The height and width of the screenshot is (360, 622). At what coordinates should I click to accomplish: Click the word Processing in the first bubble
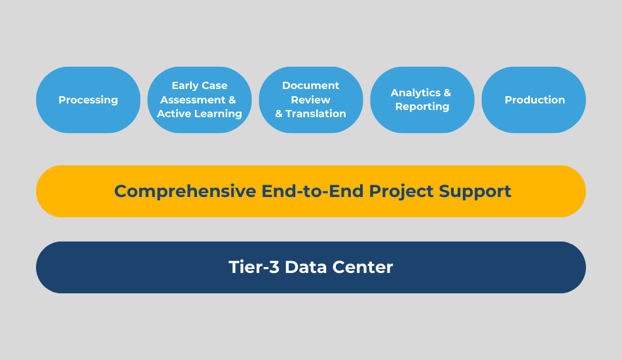tap(88, 100)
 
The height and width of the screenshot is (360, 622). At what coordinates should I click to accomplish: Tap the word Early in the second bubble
tap(185, 86)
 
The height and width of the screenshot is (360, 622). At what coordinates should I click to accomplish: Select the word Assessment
tap(192, 99)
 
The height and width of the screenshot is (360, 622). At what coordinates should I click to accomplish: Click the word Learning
tap(222, 114)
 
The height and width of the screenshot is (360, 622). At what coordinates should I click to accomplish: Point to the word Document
tap(310, 85)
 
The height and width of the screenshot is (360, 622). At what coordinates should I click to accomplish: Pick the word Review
tap(310, 99)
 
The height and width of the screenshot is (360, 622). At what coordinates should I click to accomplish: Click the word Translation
tap(316, 113)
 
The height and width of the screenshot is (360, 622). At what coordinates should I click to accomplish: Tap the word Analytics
tap(415, 93)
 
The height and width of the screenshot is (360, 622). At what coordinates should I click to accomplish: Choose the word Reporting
tap(422, 107)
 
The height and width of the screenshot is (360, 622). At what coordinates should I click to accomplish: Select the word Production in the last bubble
tap(535, 99)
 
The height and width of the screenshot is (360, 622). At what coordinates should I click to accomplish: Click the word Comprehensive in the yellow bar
tap(185, 192)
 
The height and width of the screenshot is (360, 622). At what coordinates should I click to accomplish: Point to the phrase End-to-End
tap(312, 190)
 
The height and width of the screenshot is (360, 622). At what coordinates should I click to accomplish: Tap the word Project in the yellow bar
tap(401, 192)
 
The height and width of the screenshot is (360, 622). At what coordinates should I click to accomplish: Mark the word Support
tap(475, 192)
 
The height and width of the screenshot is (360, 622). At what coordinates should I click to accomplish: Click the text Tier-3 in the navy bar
tap(254, 267)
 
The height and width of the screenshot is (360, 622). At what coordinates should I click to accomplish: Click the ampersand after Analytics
tap(447, 92)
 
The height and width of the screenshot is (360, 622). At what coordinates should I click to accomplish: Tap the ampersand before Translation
tap(279, 114)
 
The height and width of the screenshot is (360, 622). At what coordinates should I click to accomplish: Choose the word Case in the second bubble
tap(215, 85)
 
